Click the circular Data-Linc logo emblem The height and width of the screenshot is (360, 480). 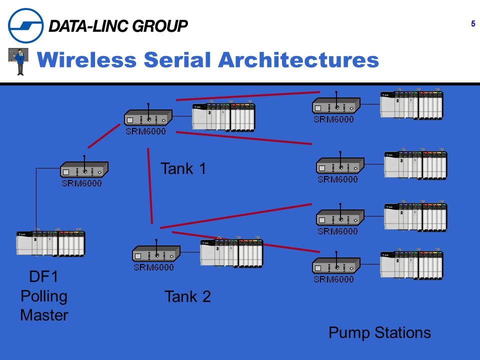coord(25,25)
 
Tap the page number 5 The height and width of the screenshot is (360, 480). coord(473,23)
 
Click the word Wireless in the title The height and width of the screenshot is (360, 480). coord(86,59)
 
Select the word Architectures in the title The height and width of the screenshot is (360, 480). coord(298,59)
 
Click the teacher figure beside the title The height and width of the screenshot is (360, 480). coord(18,61)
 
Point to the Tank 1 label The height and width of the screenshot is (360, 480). coord(183,168)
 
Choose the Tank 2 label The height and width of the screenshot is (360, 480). coord(187,296)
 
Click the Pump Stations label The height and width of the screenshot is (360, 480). coord(379,333)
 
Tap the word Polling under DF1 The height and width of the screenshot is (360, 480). coord(44,296)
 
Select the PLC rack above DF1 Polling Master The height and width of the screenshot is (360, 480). coord(50,242)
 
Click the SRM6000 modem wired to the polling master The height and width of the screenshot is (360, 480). coord(84,169)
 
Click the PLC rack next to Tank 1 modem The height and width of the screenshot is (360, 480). coord(223,116)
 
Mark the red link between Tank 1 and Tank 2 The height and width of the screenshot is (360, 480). coord(150,186)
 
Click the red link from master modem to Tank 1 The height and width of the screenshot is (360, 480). coord(104,136)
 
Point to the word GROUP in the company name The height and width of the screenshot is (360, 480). coord(161,25)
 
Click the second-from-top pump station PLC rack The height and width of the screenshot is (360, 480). coord(415,164)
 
